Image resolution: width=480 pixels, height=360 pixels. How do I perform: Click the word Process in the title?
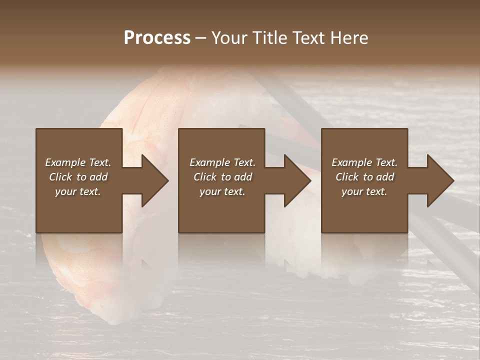(x=157, y=38)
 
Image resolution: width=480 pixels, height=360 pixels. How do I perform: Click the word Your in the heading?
(x=231, y=38)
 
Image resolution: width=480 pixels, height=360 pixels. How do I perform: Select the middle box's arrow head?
(x=296, y=180)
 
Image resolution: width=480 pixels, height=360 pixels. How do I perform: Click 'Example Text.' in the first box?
(x=78, y=162)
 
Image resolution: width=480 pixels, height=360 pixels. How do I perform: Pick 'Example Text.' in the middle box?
(x=222, y=162)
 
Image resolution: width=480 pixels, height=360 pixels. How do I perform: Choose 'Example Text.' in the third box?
(x=364, y=162)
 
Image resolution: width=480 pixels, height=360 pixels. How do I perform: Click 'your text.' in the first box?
(x=78, y=191)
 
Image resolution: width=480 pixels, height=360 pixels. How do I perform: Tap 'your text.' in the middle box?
(x=222, y=191)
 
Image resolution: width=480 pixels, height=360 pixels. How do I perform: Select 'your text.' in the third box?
(x=364, y=191)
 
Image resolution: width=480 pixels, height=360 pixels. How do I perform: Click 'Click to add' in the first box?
(x=78, y=177)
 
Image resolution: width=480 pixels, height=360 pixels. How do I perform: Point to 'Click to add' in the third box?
(x=364, y=177)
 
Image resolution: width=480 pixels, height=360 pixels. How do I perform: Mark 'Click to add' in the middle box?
(x=222, y=177)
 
